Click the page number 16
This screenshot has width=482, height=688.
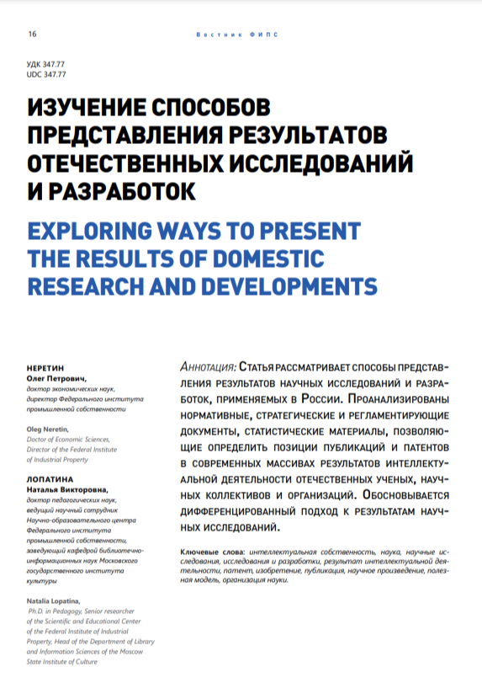[x=32, y=35]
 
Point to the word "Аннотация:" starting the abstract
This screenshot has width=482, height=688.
[x=209, y=367]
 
